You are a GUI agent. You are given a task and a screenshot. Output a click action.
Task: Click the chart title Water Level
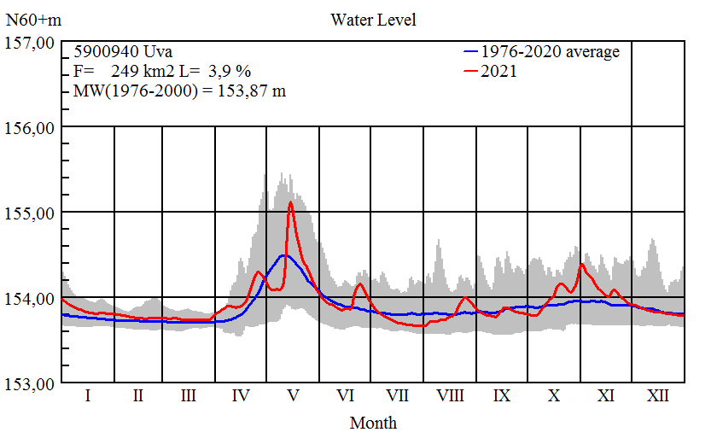pyautogui.click(x=373, y=20)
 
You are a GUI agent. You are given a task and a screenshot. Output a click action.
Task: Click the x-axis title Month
pyautogui.click(x=373, y=423)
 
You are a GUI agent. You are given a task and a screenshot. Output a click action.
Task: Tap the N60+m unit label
pyautogui.click(x=32, y=20)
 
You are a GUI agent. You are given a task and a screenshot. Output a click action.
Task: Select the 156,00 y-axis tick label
pyautogui.click(x=30, y=127)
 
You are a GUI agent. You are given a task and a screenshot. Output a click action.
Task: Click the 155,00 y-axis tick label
pyautogui.click(x=30, y=213)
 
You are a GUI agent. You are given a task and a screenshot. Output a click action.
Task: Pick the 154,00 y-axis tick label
pyautogui.click(x=30, y=298)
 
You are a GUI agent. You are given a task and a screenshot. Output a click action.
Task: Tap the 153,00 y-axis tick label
pyautogui.click(x=30, y=383)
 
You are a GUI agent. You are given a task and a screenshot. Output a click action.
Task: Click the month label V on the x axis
pyautogui.click(x=293, y=396)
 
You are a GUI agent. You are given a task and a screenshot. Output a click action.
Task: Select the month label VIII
pyautogui.click(x=450, y=396)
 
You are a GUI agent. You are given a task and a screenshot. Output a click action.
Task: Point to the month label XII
pyautogui.click(x=658, y=396)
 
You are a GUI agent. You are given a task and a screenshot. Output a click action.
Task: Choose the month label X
pyautogui.click(x=554, y=396)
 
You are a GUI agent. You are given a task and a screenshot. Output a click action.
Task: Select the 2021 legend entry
pyautogui.click(x=498, y=72)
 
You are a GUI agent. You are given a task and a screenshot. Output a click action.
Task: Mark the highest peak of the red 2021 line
pyautogui.click(x=290, y=202)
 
